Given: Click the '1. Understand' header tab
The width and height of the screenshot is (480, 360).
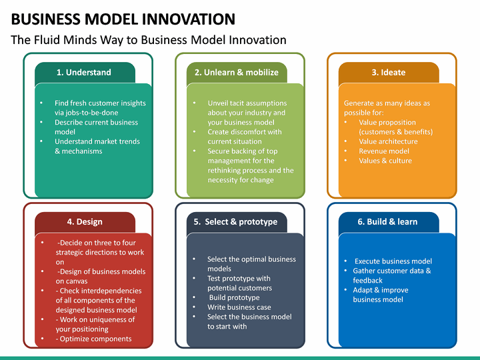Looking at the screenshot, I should [x=84, y=73].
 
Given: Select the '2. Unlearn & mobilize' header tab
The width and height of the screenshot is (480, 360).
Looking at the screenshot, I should [x=236, y=73].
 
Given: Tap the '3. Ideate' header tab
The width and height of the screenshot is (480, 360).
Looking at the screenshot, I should [x=388, y=73].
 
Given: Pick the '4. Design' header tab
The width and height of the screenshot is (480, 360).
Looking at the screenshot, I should [x=84, y=222].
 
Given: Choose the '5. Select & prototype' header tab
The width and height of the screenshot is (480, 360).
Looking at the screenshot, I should [x=236, y=222].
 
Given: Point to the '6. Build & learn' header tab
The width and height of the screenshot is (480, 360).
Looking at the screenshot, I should [x=388, y=222].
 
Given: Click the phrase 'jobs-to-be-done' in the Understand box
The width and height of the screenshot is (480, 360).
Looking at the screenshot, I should [x=87, y=113].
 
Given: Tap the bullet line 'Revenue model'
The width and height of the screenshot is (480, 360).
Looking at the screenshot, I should [x=384, y=151].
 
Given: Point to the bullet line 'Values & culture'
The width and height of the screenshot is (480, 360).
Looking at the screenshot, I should [x=385, y=161].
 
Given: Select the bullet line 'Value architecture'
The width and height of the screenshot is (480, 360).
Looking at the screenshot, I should [x=388, y=141].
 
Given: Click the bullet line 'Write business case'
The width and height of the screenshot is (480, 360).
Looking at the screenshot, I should [x=239, y=307].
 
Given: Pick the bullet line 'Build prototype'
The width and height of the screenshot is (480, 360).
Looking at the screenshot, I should [x=234, y=297].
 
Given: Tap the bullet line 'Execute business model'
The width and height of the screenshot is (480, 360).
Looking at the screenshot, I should [x=393, y=261].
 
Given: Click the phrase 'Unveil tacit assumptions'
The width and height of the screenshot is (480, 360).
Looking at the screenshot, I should [x=247, y=103].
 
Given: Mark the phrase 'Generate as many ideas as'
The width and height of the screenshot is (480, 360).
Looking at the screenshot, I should [x=387, y=103].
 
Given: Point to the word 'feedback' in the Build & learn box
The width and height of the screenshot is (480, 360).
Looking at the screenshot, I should [x=367, y=281].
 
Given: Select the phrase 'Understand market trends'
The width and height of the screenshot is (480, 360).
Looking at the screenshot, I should [x=97, y=141].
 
